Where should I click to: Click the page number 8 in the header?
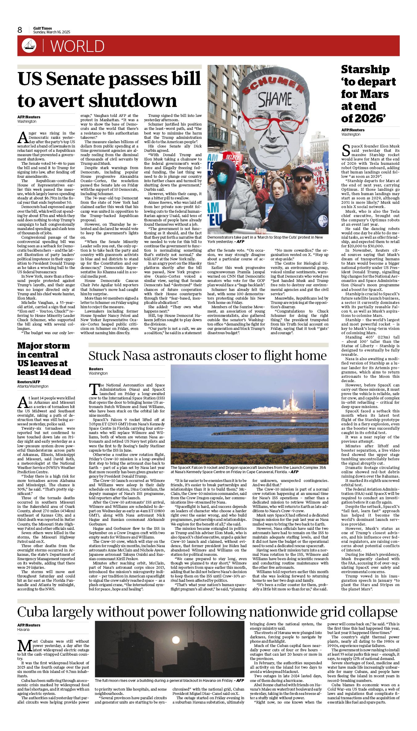pos(20,30)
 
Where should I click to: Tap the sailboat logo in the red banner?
pos(29,46)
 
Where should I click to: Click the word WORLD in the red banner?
pos(77,46)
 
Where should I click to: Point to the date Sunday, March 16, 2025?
pos(52,32)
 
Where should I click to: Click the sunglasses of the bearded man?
pos(303,178)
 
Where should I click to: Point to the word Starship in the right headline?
pos(365,70)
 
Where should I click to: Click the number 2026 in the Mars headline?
pos(369,118)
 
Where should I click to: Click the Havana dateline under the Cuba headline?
pos(23,629)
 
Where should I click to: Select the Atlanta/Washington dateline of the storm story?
pos(33,386)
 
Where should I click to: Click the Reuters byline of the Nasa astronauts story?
pos(96,369)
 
